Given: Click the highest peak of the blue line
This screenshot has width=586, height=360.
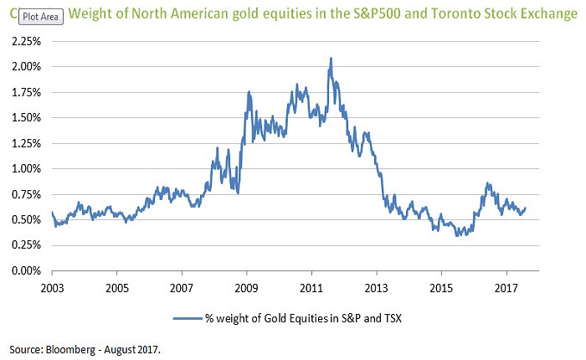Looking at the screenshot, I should point(332,59).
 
